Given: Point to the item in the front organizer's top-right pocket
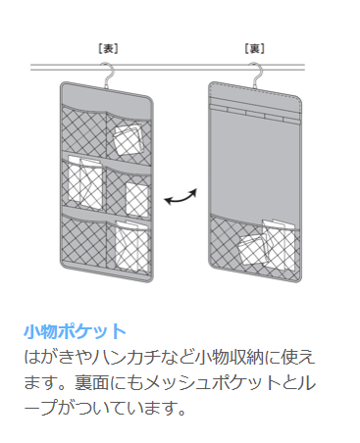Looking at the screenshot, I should coord(128,139).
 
